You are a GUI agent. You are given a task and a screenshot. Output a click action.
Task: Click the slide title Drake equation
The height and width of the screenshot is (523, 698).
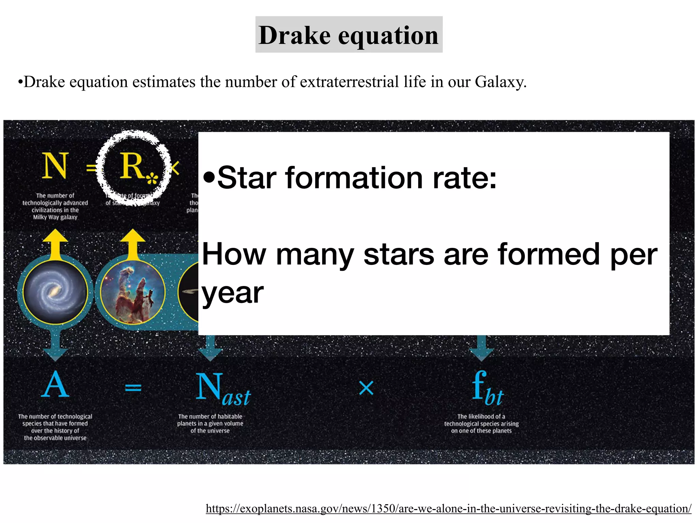click(x=349, y=35)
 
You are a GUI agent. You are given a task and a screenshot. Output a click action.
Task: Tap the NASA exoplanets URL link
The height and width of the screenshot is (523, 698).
click(x=449, y=508)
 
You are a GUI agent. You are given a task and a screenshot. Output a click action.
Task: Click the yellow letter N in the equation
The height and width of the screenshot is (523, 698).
click(x=55, y=166)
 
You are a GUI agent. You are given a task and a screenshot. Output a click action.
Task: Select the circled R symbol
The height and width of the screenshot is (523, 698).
click(x=133, y=168)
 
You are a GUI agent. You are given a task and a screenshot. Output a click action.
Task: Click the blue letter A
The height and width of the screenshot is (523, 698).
click(x=55, y=385)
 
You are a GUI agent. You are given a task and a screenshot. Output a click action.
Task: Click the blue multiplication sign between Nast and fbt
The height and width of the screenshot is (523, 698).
click(x=366, y=388)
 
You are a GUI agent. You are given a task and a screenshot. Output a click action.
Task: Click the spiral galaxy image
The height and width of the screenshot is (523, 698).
click(x=55, y=291)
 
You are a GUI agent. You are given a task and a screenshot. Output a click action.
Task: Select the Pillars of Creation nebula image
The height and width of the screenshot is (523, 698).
click(x=133, y=292)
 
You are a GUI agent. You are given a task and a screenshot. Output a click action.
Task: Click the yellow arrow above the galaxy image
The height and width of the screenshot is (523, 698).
click(x=55, y=242)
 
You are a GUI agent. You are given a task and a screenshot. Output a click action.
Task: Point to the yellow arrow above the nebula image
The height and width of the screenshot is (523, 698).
click(x=133, y=242)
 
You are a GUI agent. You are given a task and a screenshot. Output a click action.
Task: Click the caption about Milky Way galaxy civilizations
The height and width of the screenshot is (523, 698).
click(x=55, y=206)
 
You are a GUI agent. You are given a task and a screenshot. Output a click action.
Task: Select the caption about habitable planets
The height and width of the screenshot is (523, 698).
click(x=210, y=424)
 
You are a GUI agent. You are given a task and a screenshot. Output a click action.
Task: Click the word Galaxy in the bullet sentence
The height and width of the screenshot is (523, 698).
click(x=500, y=82)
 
